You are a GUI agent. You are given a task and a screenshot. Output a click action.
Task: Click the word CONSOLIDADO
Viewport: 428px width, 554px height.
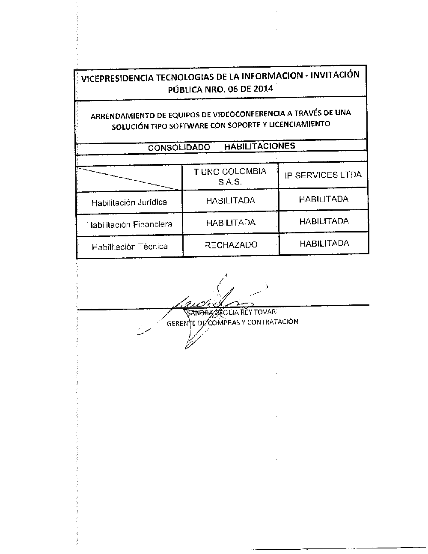179,147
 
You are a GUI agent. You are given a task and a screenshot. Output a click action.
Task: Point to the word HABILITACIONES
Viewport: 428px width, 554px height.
259,146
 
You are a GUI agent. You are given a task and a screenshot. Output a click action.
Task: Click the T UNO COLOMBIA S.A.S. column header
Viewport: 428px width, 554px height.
230,176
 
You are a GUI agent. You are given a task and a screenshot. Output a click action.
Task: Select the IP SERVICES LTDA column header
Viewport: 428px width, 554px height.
323,175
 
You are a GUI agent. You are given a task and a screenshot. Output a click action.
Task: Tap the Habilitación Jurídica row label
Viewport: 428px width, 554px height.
129,202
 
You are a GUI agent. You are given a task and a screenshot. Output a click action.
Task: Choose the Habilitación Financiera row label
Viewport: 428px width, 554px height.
129,224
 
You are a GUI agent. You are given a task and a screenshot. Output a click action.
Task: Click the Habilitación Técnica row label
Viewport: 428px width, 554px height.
130,247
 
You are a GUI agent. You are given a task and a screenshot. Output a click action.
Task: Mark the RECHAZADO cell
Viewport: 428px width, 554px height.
231,245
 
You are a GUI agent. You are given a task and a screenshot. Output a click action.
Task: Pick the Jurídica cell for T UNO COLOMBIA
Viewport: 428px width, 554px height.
230,200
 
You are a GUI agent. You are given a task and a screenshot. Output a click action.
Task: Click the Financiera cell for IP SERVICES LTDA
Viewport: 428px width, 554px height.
324,221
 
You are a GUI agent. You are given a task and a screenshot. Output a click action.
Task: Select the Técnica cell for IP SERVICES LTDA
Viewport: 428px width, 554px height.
324,244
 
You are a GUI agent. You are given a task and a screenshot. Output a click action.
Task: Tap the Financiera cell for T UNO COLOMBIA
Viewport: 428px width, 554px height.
231,223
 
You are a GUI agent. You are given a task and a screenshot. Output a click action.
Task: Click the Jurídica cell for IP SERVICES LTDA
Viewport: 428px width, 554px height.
324,199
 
